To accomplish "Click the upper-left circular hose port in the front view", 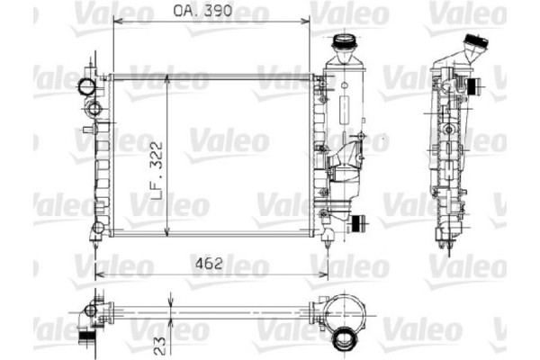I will pyautogui.click(x=86, y=87).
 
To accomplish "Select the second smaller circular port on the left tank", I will pyautogui.click(x=94, y=108).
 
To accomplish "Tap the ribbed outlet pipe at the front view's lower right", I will pyautogui.click(x=358, y=224).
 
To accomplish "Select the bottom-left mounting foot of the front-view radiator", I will pyautogui.click(x=95, y=237).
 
